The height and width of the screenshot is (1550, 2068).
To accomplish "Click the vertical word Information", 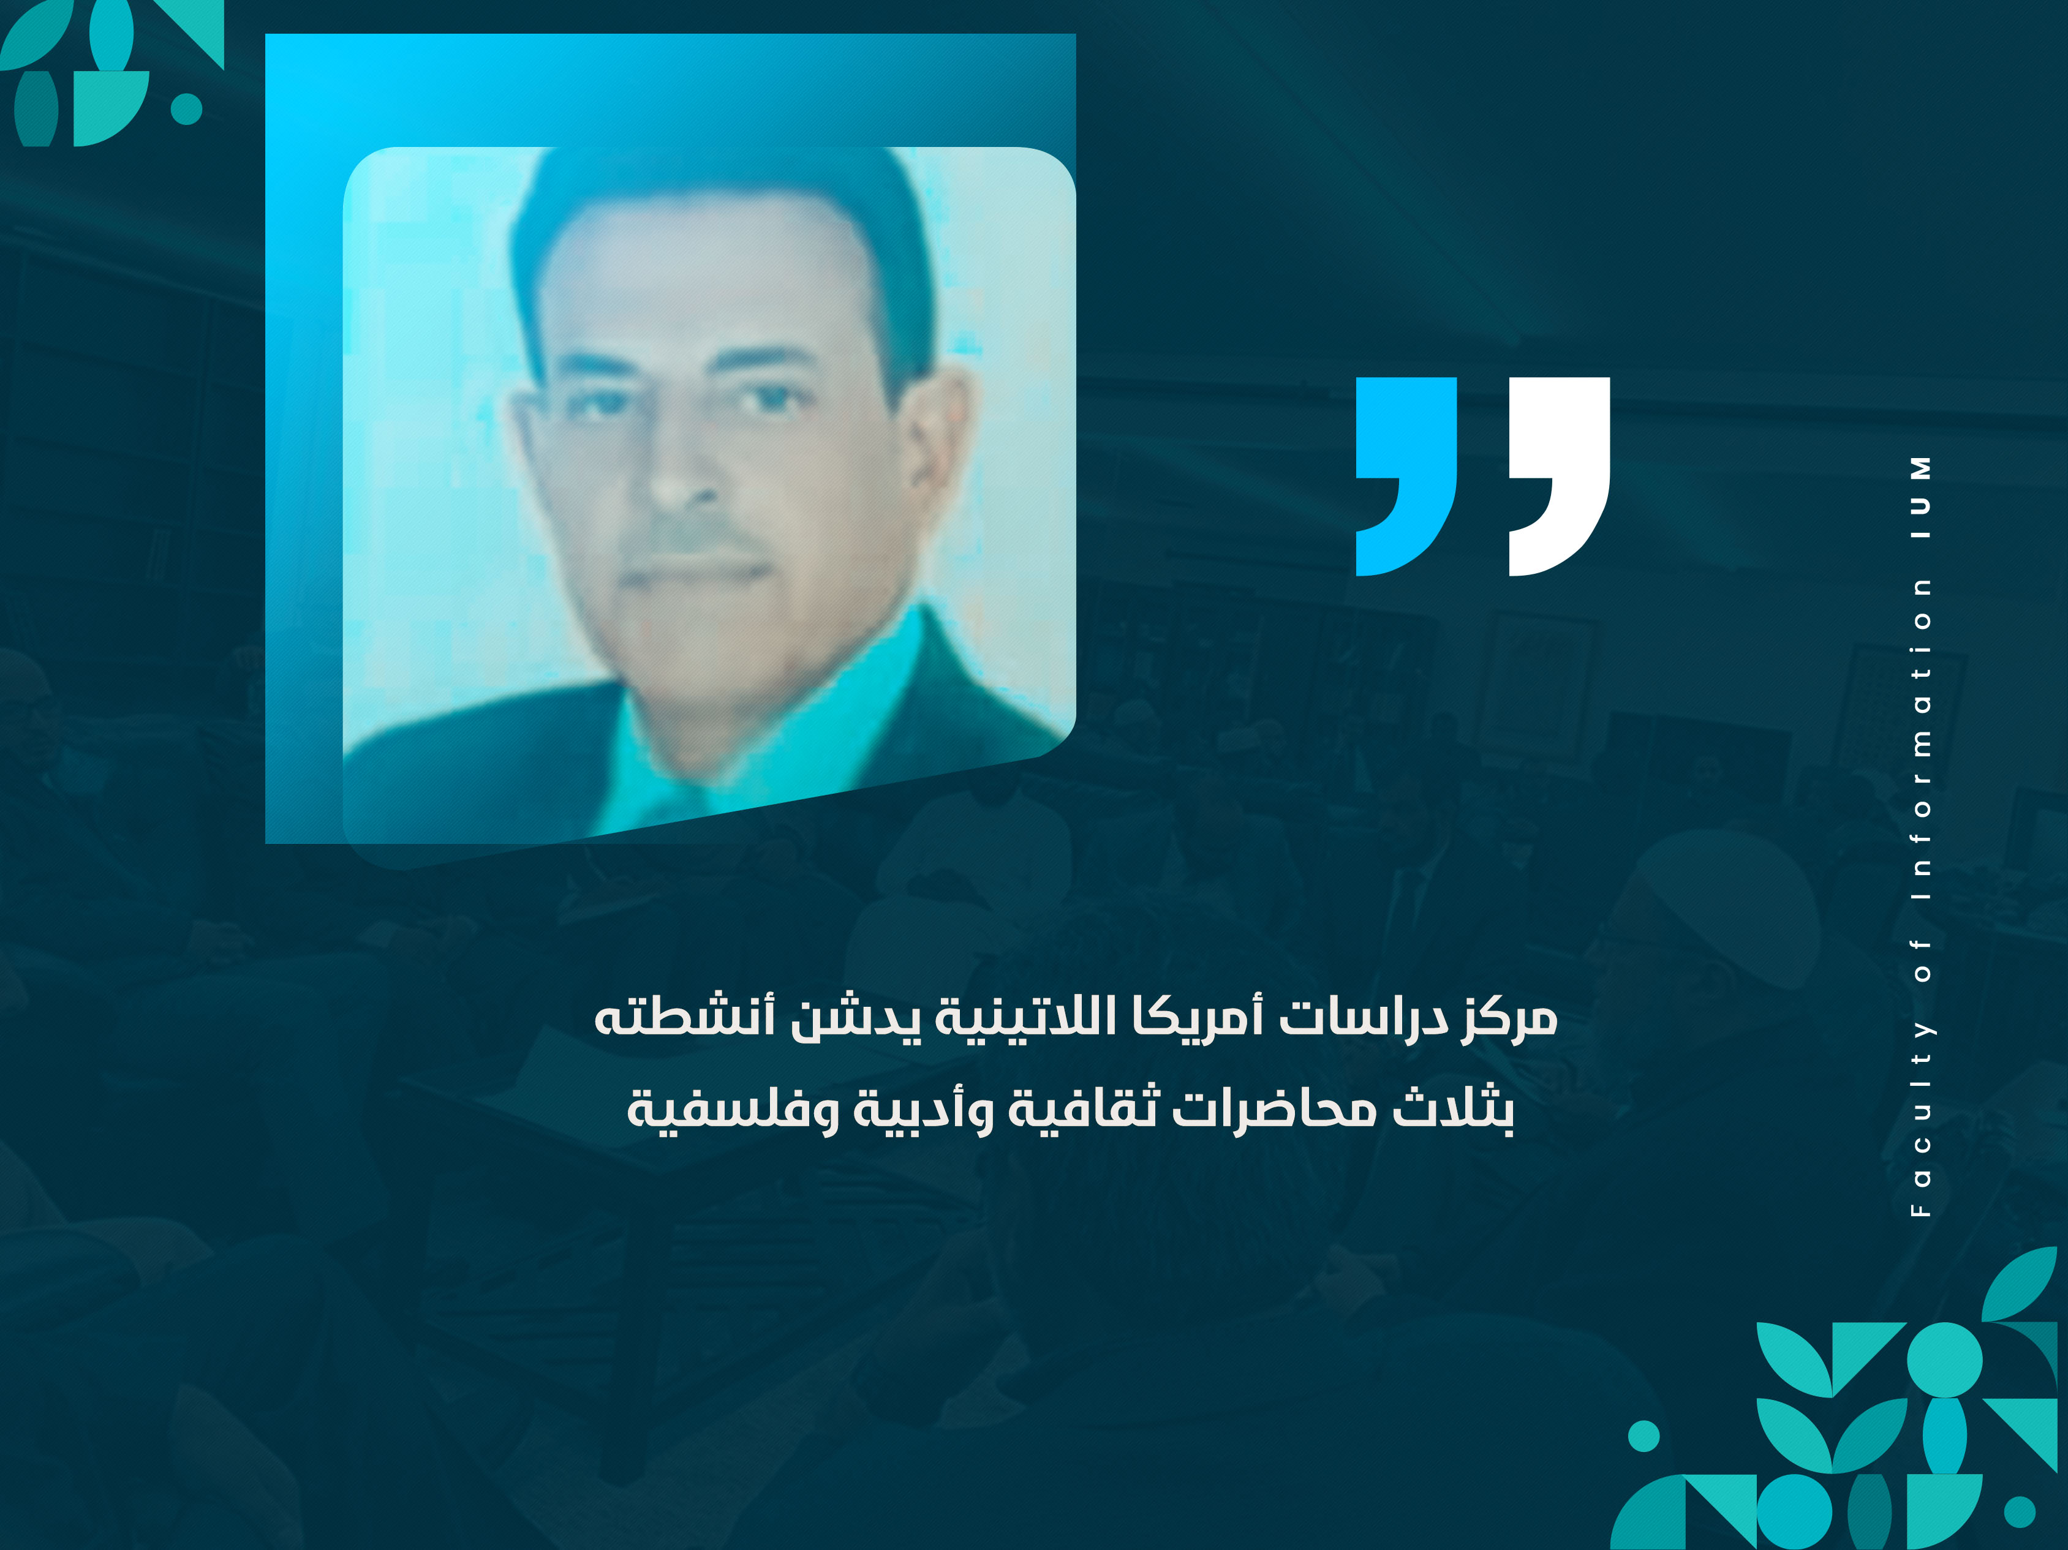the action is coord(1920,739).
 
